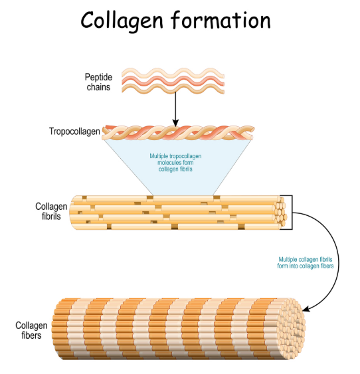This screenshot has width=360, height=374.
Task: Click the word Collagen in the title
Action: click(122, 21)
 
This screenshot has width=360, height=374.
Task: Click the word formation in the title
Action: click(221, 20)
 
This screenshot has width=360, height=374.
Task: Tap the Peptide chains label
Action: click(98, 82)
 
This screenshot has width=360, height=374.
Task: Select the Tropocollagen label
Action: click(74, 132)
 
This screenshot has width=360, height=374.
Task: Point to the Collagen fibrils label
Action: click(51, 211)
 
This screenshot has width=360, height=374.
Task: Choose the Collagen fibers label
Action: click(31, 330)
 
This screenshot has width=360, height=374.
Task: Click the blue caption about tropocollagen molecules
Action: click(175, 163)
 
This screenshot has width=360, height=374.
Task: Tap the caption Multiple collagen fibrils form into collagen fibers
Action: click(306, 262)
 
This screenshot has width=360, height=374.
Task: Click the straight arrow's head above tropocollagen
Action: click(175, 124)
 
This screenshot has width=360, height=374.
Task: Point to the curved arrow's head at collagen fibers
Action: click(306, 309)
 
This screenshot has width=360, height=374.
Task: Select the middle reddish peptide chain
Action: click(173, 81)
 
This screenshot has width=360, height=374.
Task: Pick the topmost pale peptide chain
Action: click(173, 73)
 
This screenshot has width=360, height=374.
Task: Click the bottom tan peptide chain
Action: click(173, 89)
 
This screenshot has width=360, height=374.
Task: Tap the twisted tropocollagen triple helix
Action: click(178, 133)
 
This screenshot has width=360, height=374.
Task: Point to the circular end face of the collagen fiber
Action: click(292, 329)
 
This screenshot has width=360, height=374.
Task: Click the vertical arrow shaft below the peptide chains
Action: click(175, 107)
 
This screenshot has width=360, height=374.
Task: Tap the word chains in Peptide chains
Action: click(98, 87)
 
